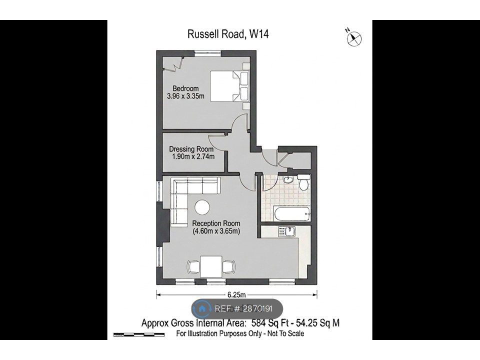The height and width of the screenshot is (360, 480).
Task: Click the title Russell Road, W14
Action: click(x=228, y=33)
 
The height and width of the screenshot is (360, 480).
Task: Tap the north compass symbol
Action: click(x=354, y=38)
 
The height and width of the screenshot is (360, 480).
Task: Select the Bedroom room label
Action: click(x=185, y=88)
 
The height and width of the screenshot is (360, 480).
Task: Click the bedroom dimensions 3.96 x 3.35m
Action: click(x=185, y=96)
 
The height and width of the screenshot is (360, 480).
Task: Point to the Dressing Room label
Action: click(x=191, y=149)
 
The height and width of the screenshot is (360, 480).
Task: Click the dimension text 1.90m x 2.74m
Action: click(x=193, y=156)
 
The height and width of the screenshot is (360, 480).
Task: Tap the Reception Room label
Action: click(x=216, y=223)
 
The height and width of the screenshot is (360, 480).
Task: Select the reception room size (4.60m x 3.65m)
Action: click(x=216, y=231)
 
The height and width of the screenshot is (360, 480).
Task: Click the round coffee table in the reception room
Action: click(x=202, y=207)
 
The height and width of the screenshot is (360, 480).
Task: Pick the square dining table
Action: click(x=211, y=266)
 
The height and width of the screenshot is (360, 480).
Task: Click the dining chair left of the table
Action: click(x=193, y=266)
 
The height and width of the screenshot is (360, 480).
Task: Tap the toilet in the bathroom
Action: click(x=304, y=182)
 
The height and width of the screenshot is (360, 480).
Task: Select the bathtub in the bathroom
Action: click(x=292, y=213)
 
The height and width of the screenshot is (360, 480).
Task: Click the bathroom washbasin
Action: click(x=288, y=179)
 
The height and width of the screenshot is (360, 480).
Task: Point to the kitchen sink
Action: click(x=287, y=231)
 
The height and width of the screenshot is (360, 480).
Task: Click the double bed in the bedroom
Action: click(x=229, y=86)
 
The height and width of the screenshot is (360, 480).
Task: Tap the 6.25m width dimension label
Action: click(x=236, y=295)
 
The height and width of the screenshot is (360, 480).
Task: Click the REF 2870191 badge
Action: click(x=237, y=308)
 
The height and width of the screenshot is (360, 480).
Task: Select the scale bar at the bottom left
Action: click(x=138, y=334)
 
